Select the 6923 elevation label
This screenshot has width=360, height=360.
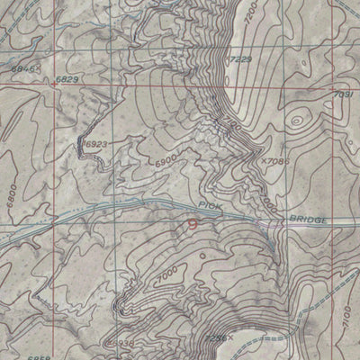pos(97,143)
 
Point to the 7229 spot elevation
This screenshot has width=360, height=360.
pos(240,60)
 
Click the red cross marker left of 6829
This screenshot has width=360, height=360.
pos(53,84)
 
